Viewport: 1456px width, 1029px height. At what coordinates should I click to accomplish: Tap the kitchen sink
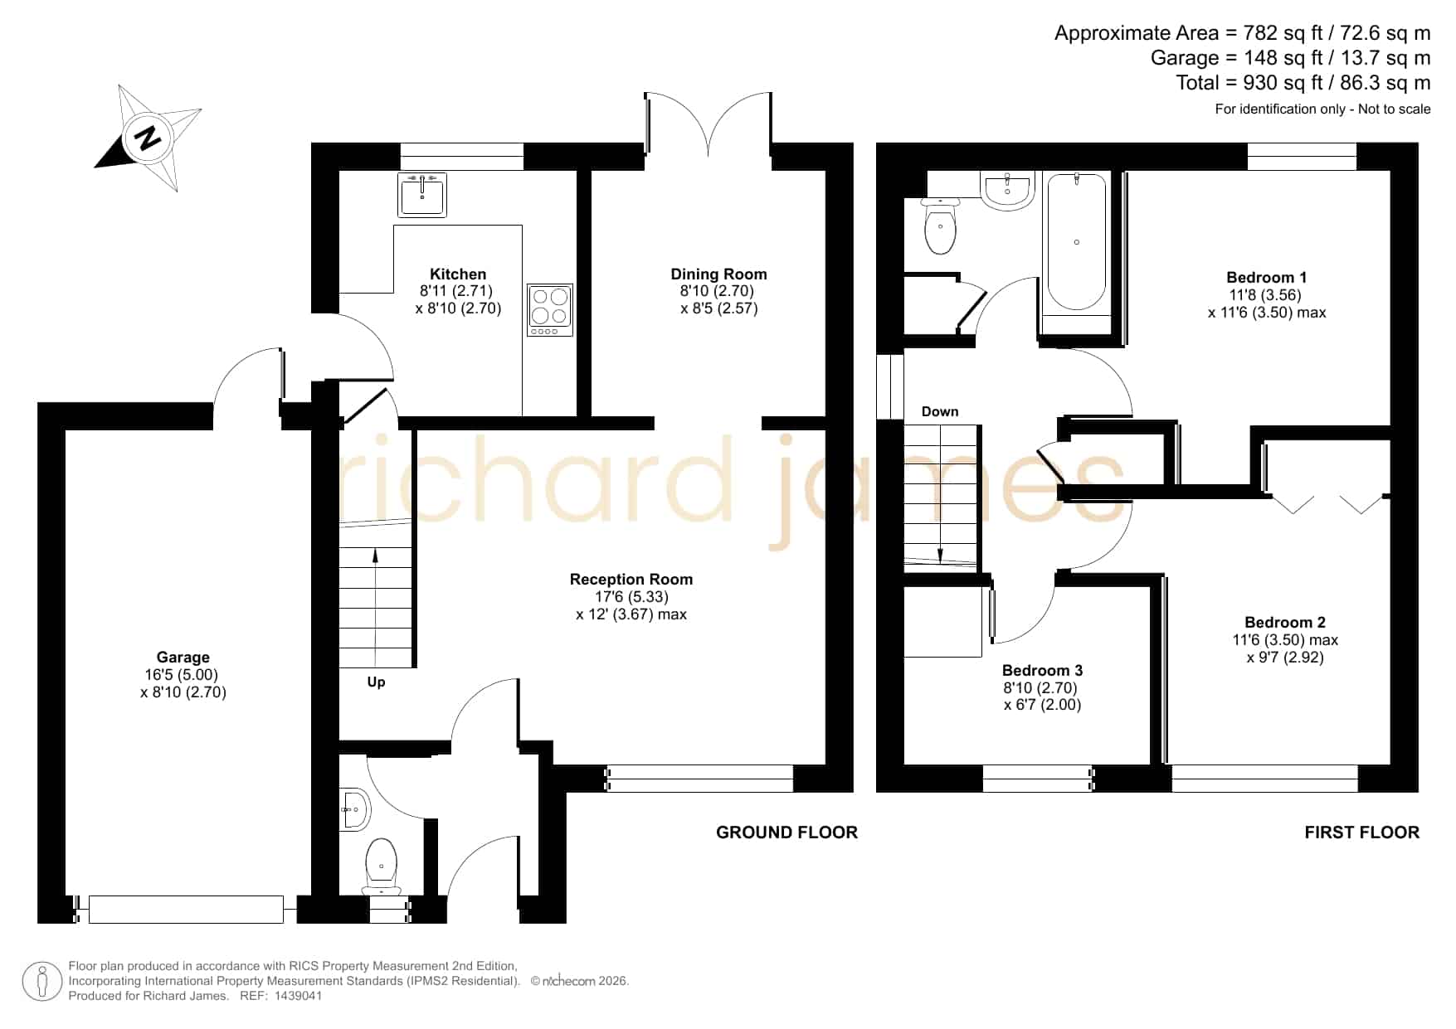point(422,195)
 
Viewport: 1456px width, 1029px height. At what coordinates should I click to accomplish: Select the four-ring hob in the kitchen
point(550,310)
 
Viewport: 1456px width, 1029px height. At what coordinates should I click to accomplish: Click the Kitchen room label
point(458,274)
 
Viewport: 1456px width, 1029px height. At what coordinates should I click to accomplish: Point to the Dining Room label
point(718,274)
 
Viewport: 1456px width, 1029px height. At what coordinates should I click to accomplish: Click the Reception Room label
point(631,580)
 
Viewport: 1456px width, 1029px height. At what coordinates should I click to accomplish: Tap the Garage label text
point(183,658)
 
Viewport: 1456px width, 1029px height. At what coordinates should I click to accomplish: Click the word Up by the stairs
point(376,682)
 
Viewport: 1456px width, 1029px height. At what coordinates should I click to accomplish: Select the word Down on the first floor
point(940,412)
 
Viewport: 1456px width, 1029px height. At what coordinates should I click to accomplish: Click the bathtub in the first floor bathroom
point(1076,241)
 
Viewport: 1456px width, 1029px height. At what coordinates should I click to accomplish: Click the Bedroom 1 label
point(1267,278)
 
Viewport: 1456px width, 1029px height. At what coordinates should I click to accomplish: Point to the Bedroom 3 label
point(1042,671)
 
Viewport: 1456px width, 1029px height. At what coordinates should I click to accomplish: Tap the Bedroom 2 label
point(1285,623)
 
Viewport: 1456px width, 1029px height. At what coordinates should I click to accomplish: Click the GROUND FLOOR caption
point(786,832)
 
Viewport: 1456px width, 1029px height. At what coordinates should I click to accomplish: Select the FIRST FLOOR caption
point(1361,832)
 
